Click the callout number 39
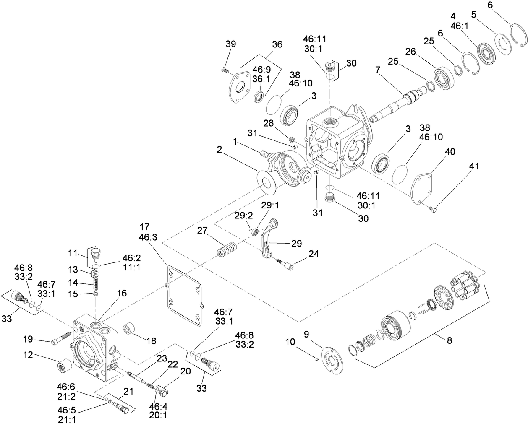click(x=230, y=44)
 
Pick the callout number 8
click(x=449, y=341)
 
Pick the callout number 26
click(x=410, y=52)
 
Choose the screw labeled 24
click(x=286, y=263)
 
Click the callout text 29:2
click(x=244, y=216)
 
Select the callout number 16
click(x=121, y=293)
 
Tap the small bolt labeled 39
click(x=224, y=71)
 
